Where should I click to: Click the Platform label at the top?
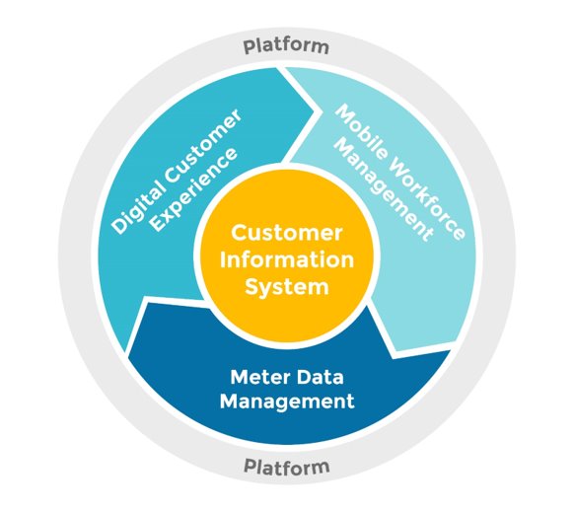click(286, 47)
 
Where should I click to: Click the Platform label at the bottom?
click(287, 467)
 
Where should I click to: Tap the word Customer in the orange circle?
click(287, 233)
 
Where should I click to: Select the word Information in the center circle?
click(287, 259)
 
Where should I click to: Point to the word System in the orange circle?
click(287, 287)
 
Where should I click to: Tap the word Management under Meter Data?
click(287, 402)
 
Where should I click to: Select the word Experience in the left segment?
click(194, 189)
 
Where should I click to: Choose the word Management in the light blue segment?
click(385, 190)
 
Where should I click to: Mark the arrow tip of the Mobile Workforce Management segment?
click(393, 358)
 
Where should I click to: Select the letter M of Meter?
click(240, 377)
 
